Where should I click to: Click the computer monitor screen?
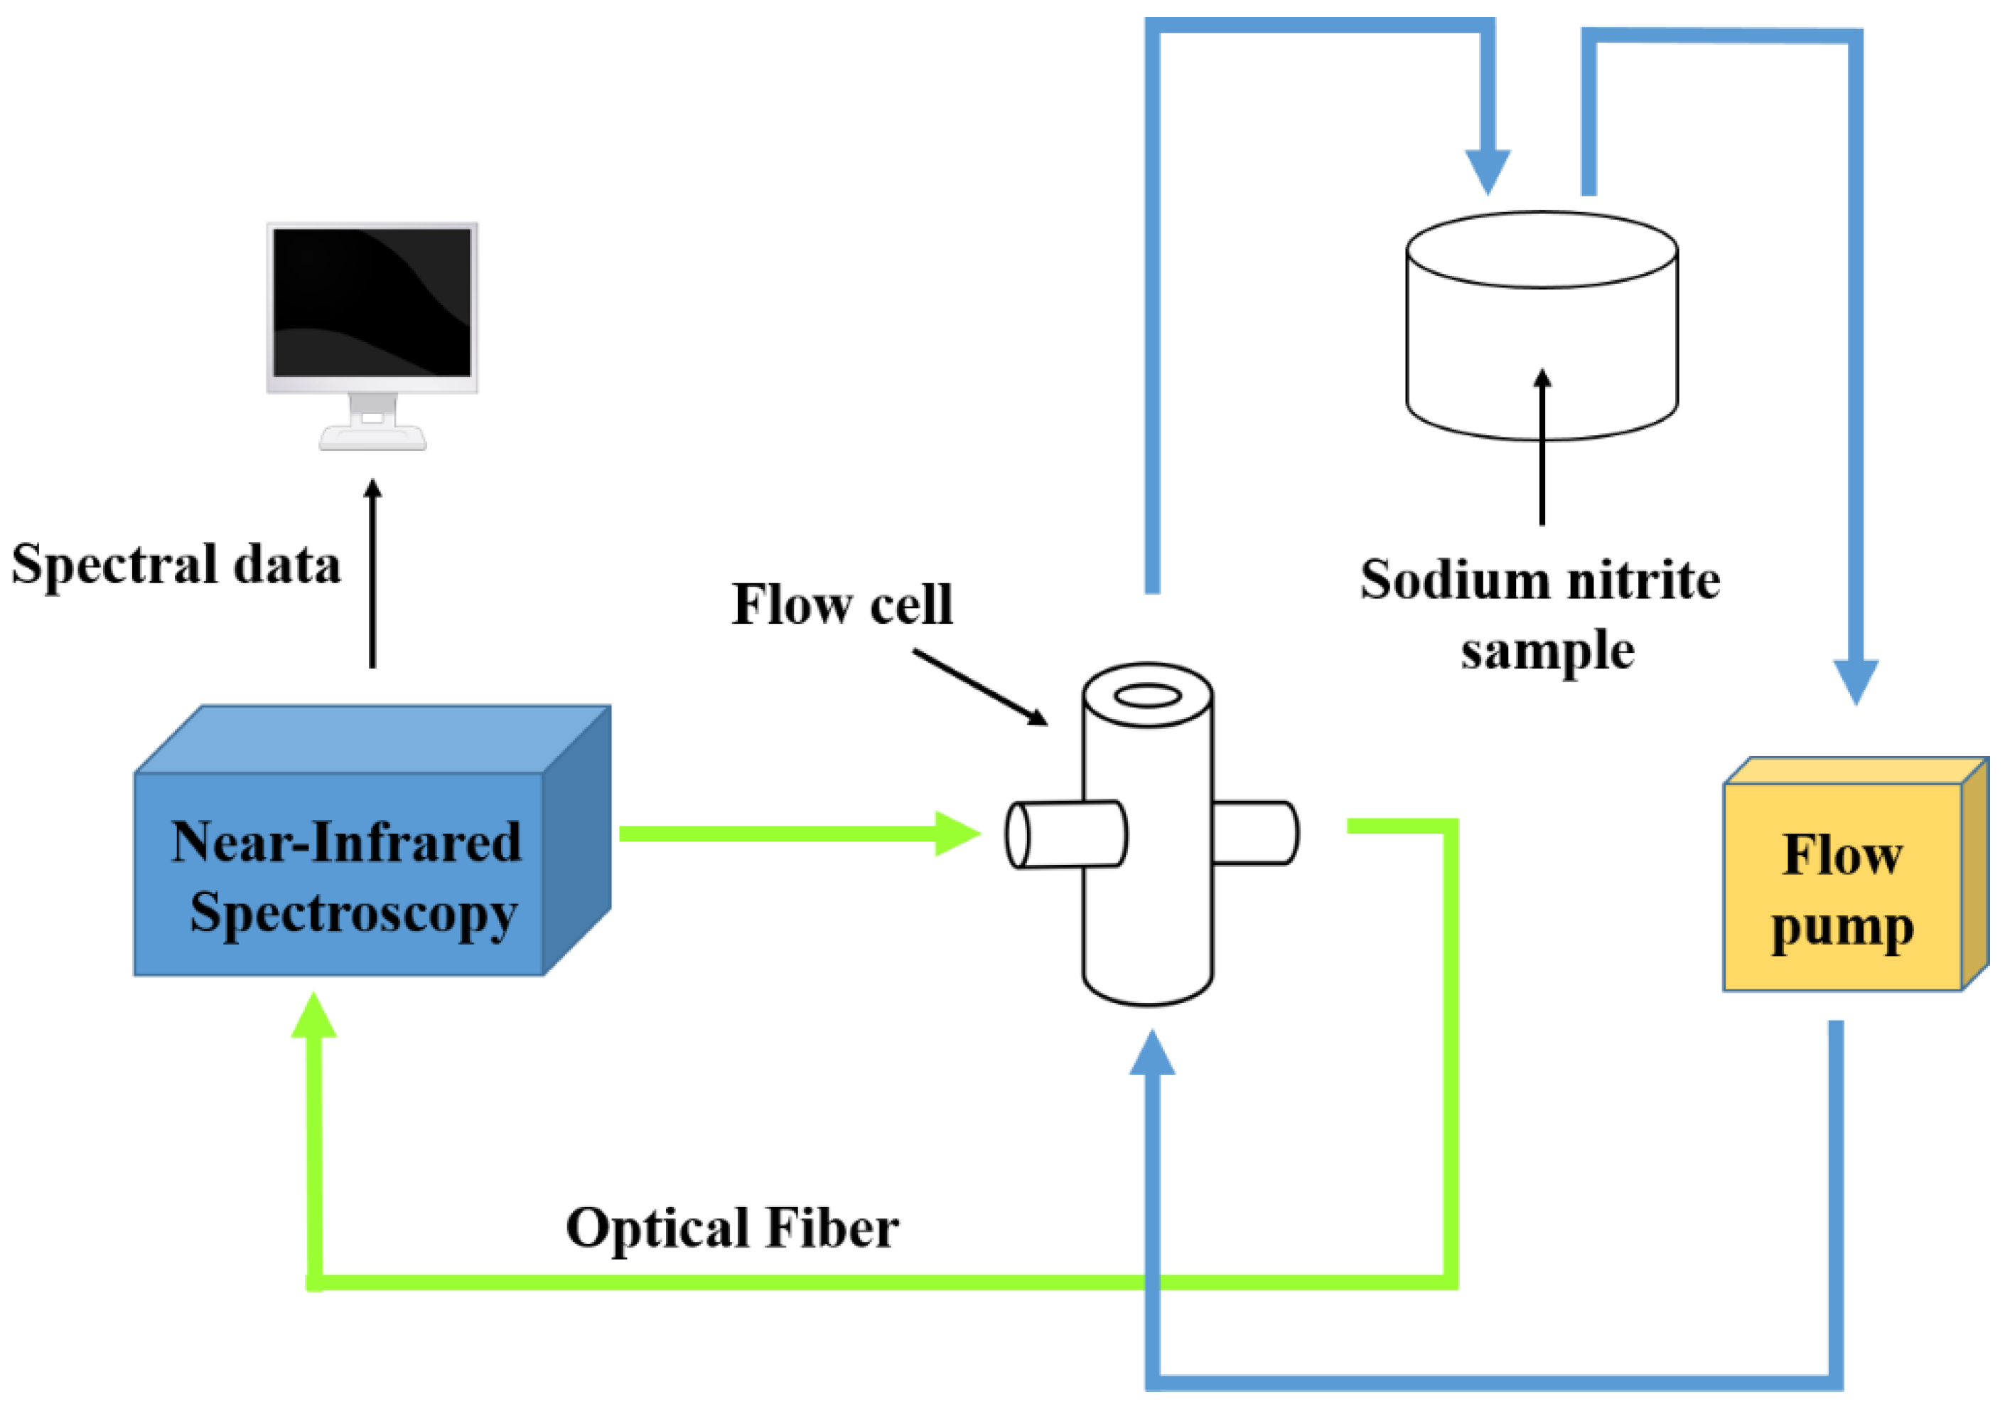372,302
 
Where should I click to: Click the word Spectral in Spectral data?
114,565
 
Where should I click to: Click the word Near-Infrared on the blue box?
346,843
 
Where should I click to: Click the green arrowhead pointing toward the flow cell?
955,834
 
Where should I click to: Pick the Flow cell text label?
841,605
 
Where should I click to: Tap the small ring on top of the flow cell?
1147,696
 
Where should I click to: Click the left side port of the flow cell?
1065,834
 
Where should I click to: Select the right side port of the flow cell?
1254,834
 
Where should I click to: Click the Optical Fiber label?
732,1228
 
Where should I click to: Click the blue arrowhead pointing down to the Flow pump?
1855,680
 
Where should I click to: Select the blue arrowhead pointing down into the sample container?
1487,171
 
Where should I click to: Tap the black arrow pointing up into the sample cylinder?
1542,445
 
